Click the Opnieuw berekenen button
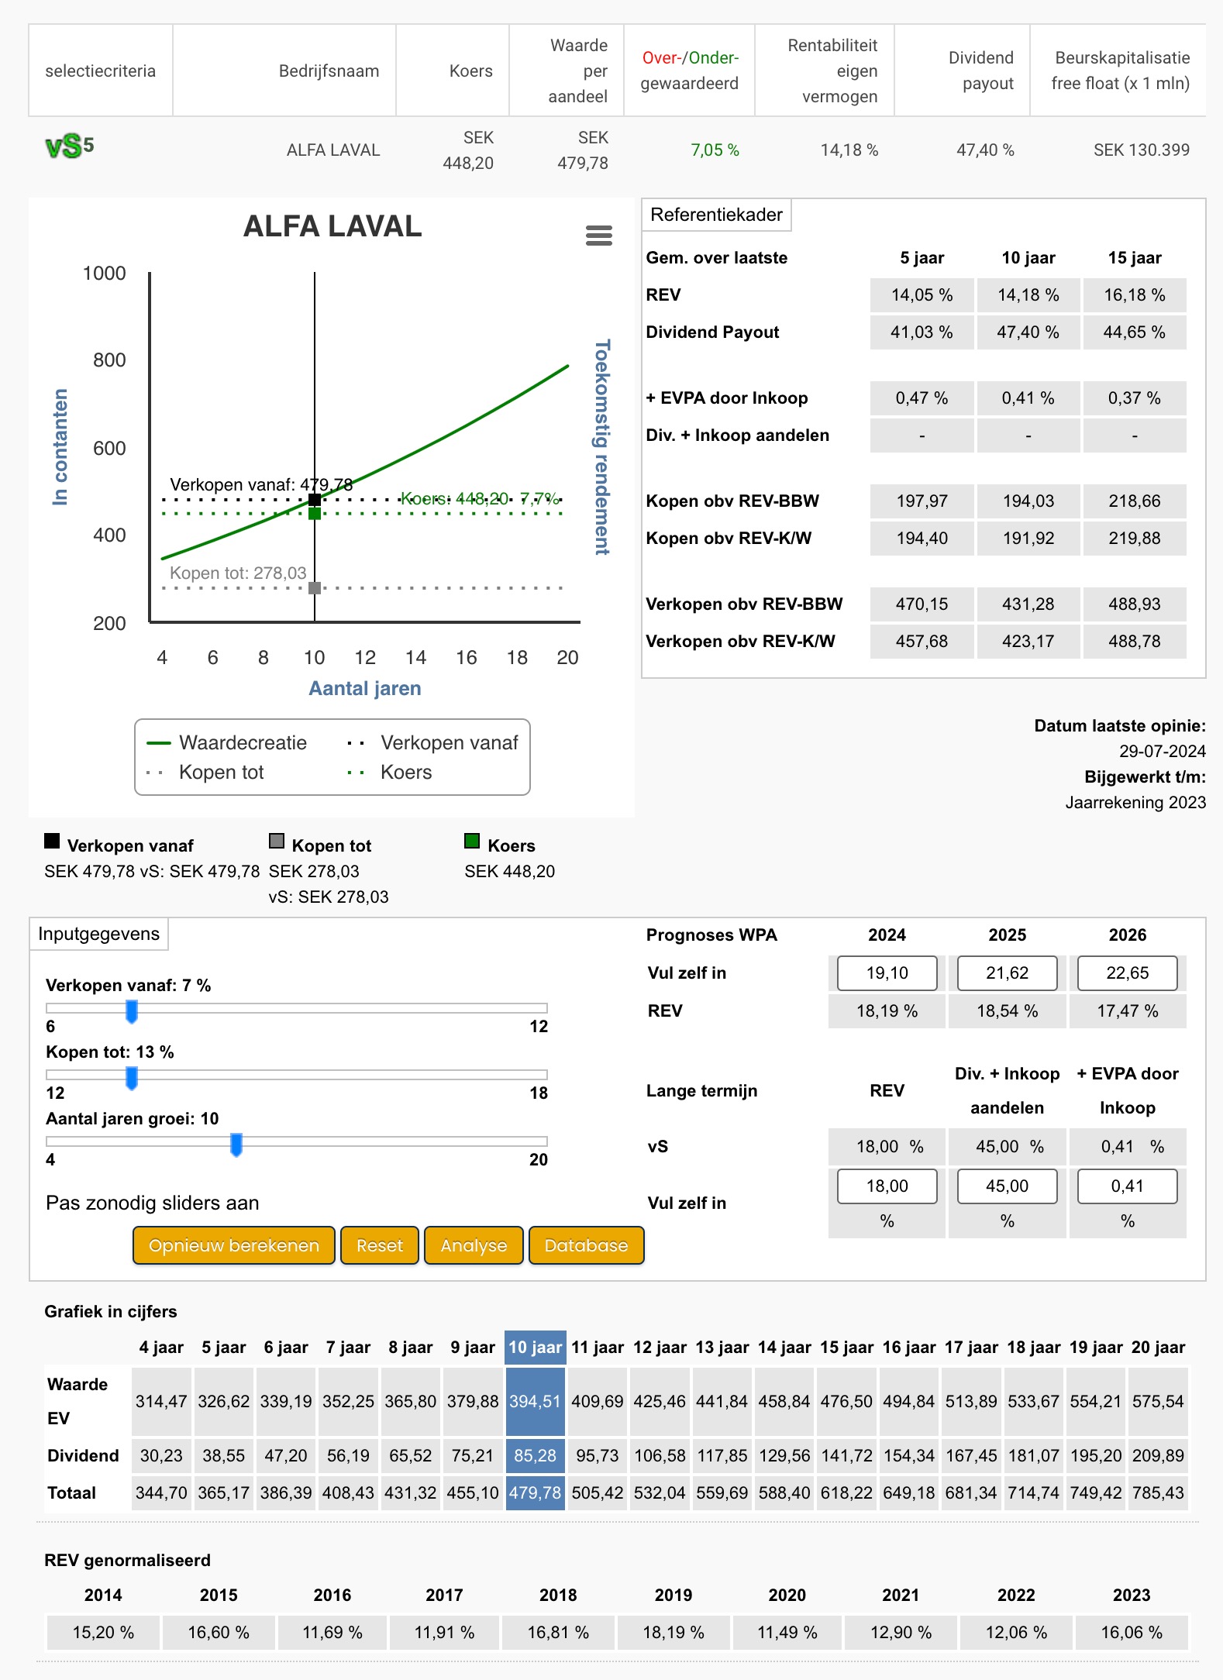coord(233,1245)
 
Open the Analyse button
coord(474,1245)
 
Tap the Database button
coord(586,1245)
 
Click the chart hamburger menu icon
coord(599,235)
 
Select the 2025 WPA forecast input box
coord(1007,973)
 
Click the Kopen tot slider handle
coord(132,1077)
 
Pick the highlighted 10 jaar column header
coord(535,1347)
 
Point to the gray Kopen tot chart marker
coord(315,588)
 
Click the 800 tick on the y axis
coord(109,360)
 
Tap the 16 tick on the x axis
coord(467,658)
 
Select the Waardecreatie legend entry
coord(227,742)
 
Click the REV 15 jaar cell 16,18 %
coord(1135,295)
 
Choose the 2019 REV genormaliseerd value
coord(673,1632)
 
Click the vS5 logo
coord(70,146)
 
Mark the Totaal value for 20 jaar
coord(1158,1492)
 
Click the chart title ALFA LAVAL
coord(332,226)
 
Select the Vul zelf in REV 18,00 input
coord(887,1186)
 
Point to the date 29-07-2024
coord(1162,751)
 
